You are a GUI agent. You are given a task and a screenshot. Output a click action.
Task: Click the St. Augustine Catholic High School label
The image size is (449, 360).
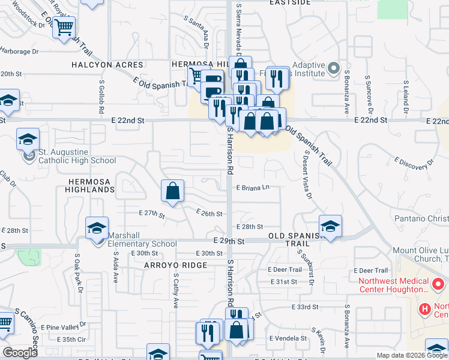click(x=77, y=157)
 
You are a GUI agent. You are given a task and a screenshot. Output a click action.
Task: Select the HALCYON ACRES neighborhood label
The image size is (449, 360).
click(x=107, y=65)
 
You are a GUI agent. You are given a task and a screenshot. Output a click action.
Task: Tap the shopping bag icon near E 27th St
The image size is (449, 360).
click(x=172, y=191)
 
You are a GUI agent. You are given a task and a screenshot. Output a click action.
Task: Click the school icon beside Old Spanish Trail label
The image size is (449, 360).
click(x=330, y=226)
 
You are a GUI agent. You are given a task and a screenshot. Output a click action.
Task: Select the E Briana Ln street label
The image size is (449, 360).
click(x=253, y=188)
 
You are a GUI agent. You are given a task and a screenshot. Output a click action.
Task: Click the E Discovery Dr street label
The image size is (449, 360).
click(x=414, y=163)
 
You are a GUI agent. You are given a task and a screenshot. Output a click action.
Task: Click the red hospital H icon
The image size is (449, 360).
click(x=425, y=309)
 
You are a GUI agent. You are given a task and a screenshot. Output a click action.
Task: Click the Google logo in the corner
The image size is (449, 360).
click(x=20, y=353)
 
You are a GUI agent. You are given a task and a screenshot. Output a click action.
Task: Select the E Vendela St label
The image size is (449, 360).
click(x=288, y=338)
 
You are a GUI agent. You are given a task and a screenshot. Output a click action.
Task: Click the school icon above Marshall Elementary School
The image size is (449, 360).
click(x=97, y=228)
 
